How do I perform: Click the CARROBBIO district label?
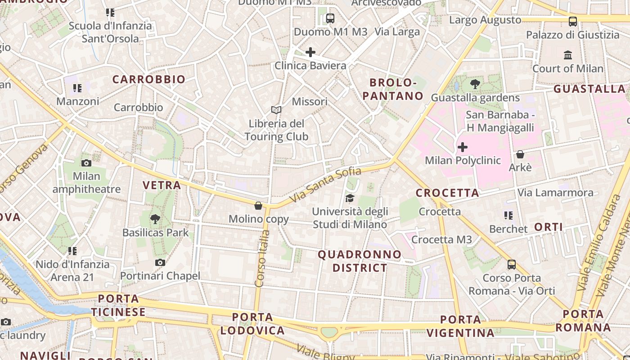point(148,79)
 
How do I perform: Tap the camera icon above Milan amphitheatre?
point(86,163)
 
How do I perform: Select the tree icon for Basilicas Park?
point(155,219)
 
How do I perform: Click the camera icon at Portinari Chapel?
point(160,262)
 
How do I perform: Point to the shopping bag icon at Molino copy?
point(258,206)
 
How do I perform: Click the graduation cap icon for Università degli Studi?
point(349,198)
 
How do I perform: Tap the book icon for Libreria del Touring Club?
point(276,110)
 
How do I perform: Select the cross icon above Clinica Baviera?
point(310,52)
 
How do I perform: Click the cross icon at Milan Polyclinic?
point(462,147)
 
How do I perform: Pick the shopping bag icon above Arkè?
point(520,154)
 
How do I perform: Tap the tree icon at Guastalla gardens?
point(475,84)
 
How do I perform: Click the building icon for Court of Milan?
point(567,55)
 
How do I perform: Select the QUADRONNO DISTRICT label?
point(360,261)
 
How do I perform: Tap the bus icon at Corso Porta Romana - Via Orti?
point(511,264)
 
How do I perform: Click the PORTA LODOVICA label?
point(252,324)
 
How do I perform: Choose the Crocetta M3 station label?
point(441,239)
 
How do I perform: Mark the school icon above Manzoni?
point(77,88)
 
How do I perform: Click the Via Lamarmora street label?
point(555,193)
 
